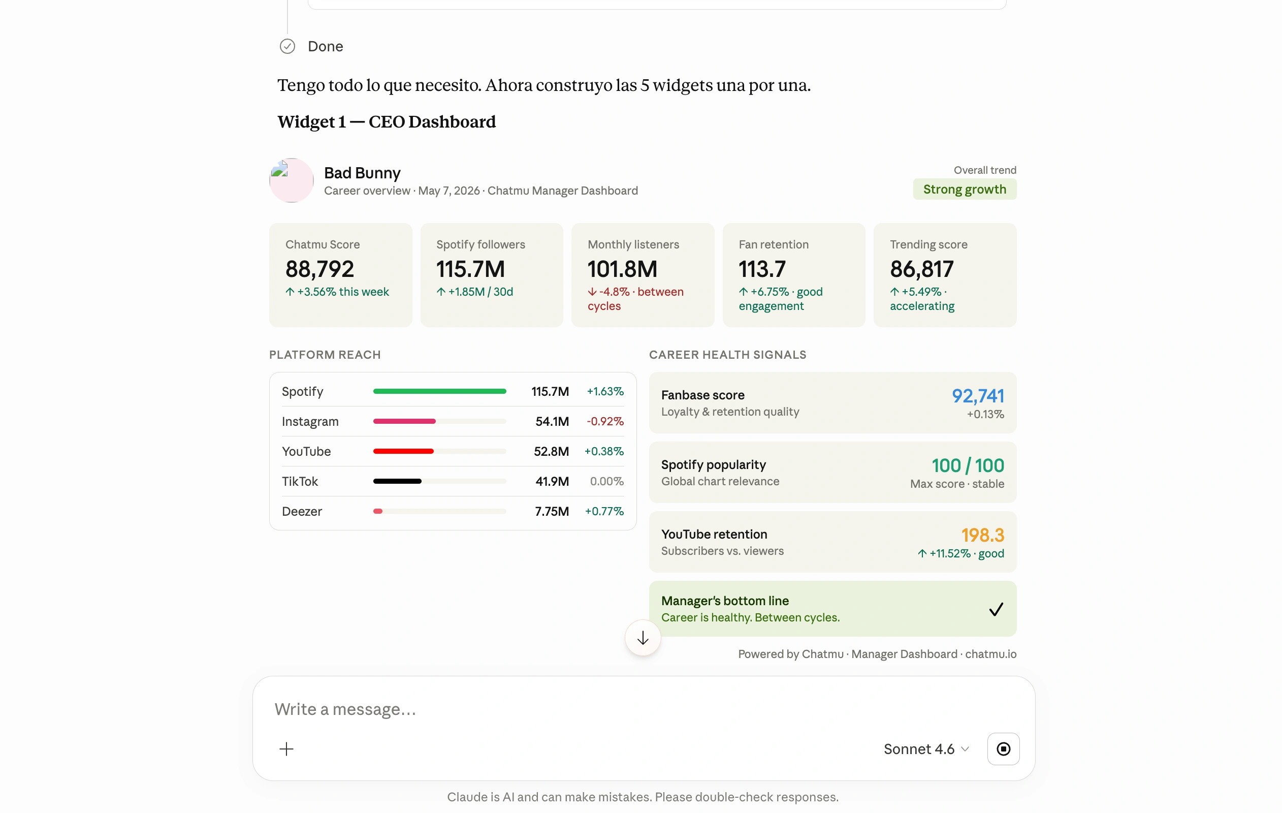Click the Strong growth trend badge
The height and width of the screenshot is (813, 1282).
pos(964,189)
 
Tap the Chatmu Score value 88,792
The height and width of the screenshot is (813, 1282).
pos(319,269)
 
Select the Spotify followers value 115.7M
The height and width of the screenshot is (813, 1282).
pos(470,269)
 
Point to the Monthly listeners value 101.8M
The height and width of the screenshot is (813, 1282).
pos(622,269)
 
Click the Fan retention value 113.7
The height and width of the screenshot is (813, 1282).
pos(762,269)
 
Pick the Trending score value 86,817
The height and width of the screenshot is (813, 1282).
pos(921,269)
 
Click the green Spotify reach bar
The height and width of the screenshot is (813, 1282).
pos(440,391)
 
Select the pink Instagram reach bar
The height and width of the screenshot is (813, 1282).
pos(404,421)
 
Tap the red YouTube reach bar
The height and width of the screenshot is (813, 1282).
pos(403,451)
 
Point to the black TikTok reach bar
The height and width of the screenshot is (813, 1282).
pos(397,481)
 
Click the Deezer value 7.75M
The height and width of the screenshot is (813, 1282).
pos(552,511)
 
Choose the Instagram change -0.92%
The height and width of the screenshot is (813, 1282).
pos(605,421)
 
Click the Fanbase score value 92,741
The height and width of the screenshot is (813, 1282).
pos(977,396)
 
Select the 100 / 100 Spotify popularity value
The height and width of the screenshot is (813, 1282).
pos(968,465)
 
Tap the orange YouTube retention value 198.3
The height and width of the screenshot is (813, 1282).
pos(982,535)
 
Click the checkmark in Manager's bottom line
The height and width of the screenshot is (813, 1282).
pos(996,608)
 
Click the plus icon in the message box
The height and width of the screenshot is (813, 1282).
pos(286,748)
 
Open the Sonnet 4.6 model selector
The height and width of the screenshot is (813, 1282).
pos(926,748)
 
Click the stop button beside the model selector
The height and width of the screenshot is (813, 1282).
pos(1003,748)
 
